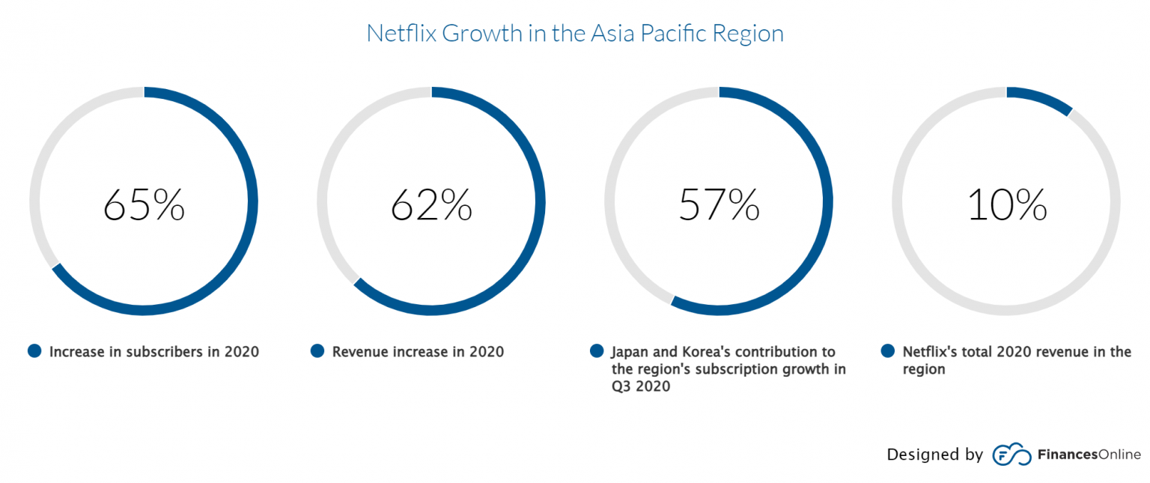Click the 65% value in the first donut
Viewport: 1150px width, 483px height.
(x=144, y=204)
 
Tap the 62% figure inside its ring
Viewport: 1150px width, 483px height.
(x=431, y=204)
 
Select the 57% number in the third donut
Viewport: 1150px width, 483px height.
(x=719, y=204)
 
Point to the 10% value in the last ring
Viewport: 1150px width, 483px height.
(x=1007, y=204)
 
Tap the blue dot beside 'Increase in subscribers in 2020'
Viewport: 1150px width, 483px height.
(x=34, y=351)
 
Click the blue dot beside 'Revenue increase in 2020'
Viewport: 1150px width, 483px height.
(x=317, y=351)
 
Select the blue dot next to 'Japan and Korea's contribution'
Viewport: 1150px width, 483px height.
(x=597, y=351)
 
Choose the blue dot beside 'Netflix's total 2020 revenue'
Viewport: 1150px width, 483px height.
(x=888, y=351)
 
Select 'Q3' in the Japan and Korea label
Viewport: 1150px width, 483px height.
(x=621, y=386)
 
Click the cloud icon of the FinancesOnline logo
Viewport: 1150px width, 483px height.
(x=1012, y=455)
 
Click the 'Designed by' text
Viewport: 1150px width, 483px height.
(x=934, y=455)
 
